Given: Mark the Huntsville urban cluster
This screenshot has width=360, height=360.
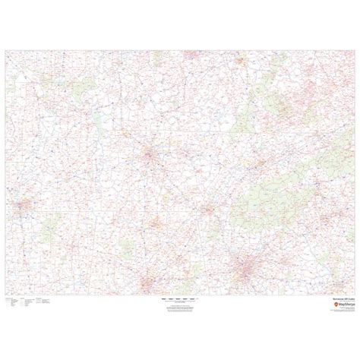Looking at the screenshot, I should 155,221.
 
